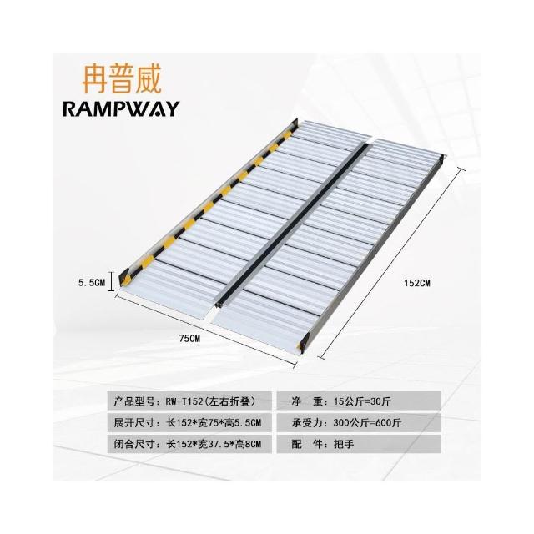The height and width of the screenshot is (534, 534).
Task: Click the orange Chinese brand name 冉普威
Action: [121, 79]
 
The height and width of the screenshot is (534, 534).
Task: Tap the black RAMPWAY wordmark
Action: [121, 109]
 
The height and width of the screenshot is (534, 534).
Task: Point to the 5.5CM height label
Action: [92, 282]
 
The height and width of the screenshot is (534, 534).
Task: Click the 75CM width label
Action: [189, 339]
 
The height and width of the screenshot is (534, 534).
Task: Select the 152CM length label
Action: [417, 283]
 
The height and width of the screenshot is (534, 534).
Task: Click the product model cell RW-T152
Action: [189, 401]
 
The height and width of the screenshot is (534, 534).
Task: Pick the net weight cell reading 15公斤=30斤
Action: [359, 401]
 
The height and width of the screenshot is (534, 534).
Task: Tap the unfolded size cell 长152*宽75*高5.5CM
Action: [189, 423]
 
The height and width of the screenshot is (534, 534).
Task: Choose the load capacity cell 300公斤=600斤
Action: [359, 423]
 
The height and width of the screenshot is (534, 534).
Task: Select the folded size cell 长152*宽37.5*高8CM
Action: [189, 444]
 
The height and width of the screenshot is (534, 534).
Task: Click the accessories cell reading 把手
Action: [359, 444]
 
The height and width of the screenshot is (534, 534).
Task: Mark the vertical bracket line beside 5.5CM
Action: [111, 281]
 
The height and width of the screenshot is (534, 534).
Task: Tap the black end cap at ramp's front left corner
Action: [123, 277]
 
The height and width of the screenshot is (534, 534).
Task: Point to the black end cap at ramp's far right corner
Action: [441, 159]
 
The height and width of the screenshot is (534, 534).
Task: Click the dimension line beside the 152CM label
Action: [391, 263]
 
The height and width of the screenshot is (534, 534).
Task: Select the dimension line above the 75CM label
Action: [206, 330]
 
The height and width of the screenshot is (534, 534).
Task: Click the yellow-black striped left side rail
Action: [209, 202]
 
